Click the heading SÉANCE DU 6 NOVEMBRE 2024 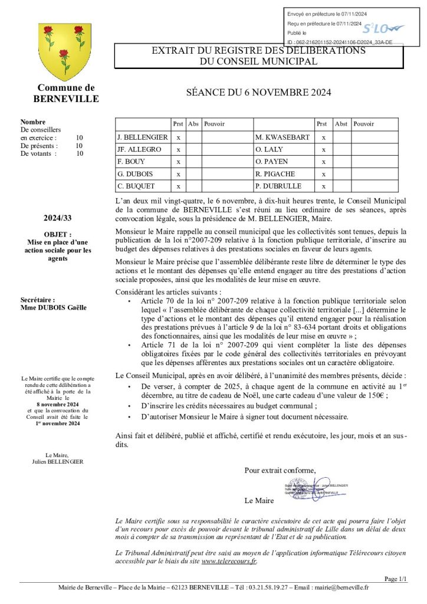pos(258,92)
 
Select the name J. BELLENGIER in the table pos(143,137)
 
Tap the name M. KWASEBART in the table pos(283,137)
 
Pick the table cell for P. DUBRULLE pos(278,186)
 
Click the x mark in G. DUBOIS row pos(178,174)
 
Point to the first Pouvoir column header pos(214,124)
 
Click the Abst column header pos(341,124)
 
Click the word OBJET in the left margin pos(58,234)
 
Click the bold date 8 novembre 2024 pos(58,405)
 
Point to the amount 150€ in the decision pos(376,396)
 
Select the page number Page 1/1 pos(395,579)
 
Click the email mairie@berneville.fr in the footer pos(342,587)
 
